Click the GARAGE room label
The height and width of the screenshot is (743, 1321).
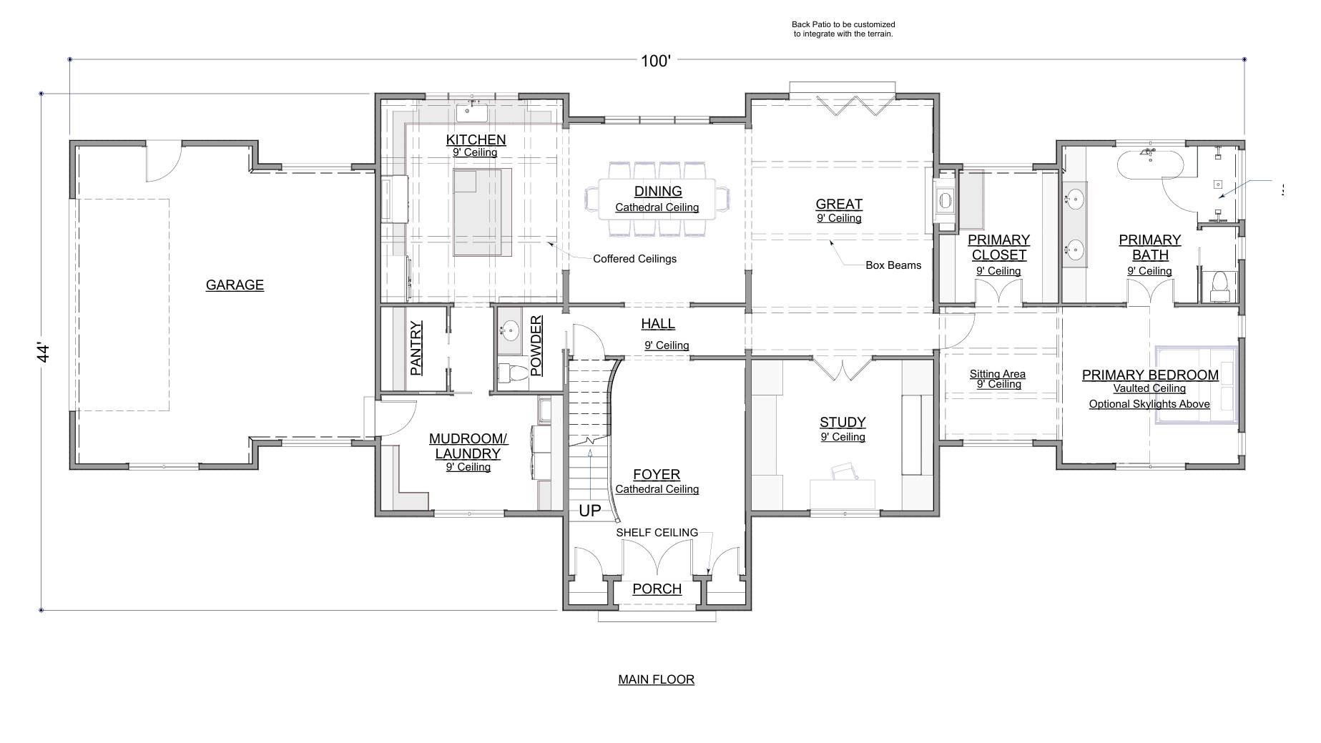pos(235,285)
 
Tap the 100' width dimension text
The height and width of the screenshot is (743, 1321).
pos(655,61)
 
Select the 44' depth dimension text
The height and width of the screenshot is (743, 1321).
pos(44,353)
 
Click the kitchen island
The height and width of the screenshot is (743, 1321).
pos(483,212)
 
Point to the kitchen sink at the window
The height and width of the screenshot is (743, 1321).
pos(471,112)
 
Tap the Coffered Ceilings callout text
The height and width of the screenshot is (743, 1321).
pos(634,259)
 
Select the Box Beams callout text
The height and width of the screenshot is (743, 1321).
pos(893,265)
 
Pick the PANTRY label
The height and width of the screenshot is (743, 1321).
pos(416,348)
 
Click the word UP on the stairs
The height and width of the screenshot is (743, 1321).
pos(590,511)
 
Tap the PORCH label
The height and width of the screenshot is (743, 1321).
pos(657,589)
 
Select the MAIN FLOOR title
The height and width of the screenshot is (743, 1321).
pos(656,679)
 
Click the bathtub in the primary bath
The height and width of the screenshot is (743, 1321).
pos(1150,163)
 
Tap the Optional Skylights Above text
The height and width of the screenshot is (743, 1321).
pos(1149,404)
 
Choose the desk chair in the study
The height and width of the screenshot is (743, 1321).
pos(844,471)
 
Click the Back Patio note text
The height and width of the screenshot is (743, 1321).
pos(843,29)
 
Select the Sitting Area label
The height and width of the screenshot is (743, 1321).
pos(998,374)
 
